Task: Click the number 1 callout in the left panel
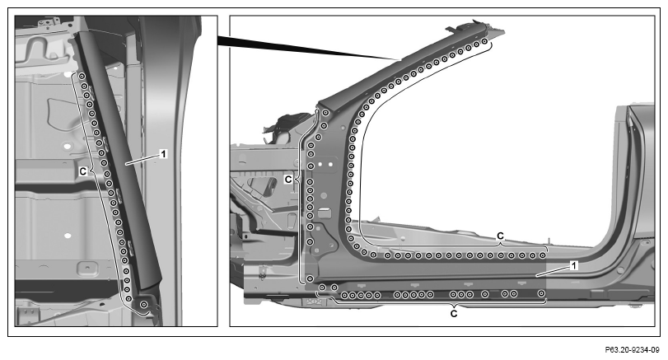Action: [x=163, y=154]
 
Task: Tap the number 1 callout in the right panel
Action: [x=574, y=265]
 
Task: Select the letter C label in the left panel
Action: [x=83, y=171]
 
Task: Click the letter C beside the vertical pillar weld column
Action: [x=288, y=180]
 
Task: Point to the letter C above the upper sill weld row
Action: [x=501, y=236]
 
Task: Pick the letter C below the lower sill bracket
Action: [x=454, y=314]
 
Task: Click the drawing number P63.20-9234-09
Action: [x=633, y=350]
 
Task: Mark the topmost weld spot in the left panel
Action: [x=82, y=77]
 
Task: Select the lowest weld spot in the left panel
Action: [x=144, y=304]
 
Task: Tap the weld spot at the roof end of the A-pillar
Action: [x=484, y=41]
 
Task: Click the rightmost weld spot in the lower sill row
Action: [x=541, y=293]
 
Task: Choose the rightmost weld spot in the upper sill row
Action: [x=542, y=255]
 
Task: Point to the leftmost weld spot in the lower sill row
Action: [x=323, y=288]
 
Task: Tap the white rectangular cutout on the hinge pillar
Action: [x=325, y=213]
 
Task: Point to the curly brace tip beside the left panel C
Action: [x=89, y=171]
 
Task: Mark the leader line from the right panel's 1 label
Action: [x=553, y=271]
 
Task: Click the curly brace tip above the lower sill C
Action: [x=454, y=306]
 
